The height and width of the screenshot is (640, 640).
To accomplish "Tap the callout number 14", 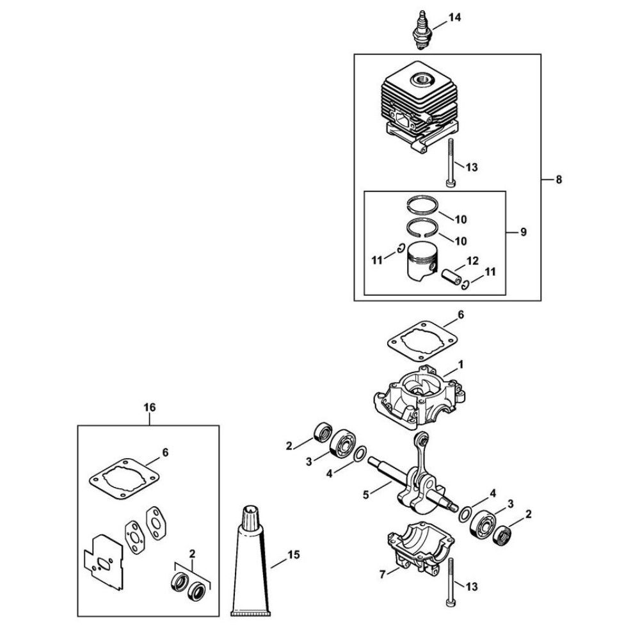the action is tap(454, 17).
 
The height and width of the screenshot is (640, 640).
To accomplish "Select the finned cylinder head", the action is tap(420, 108).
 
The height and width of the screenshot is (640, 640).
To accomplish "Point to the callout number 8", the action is tap(559, 179).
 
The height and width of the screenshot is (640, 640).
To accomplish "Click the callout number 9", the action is tap(524, 232).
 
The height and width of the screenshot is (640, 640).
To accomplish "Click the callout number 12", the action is tap(473, 260).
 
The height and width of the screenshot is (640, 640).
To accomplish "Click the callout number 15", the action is tap(294, 555).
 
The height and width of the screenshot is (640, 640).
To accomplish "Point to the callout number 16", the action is tap(150, 407).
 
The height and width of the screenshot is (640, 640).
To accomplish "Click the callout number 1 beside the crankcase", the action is tap(461, 365).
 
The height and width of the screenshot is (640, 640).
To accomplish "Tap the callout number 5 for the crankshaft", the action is tap(365, 495).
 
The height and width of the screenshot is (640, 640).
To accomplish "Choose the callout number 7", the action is tap(383, 574).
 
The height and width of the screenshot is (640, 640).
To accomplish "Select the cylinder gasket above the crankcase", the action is tap(422, 341).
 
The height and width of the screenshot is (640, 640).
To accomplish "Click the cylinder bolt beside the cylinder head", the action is tap(451, 163).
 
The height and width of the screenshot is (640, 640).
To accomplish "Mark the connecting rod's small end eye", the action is tap(422, 440).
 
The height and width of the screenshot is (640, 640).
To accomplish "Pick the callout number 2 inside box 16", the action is tap(192, 554).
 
